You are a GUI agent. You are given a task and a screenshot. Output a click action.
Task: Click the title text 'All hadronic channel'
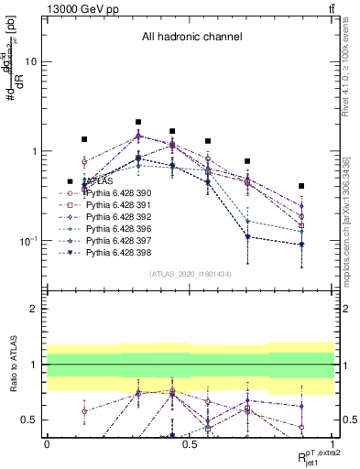click(191, 38)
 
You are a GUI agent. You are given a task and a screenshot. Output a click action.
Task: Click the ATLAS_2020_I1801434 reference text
click(191, 275)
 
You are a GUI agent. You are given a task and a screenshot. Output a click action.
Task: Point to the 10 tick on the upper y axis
click(37, 62)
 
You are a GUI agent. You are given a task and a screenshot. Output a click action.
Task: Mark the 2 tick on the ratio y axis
click(38, 309)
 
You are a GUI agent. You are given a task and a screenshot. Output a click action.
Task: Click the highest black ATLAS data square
click(138, 122)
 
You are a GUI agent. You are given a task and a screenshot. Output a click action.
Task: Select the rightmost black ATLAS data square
click(301, 186)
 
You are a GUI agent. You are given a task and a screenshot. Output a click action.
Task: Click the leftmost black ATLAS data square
click(84, 139)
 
